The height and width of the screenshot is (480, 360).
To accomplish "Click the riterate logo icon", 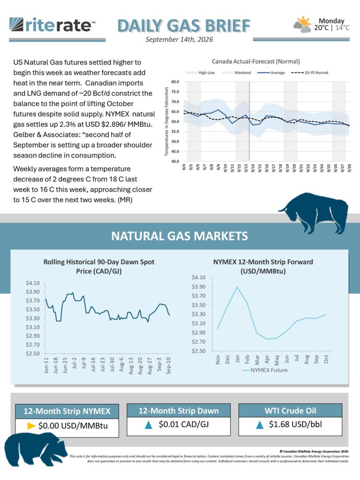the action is (x=16, y=24).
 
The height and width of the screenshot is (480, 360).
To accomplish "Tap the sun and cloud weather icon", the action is (x=302, y=24).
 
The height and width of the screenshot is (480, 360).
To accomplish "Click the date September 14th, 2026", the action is (x=179, y=39).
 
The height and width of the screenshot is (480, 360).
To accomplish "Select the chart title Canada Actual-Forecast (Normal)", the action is (x=255, y=61).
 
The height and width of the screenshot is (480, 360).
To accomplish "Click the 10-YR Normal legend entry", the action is (x=309, y=73).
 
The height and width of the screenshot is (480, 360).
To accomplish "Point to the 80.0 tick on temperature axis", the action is (x=175, y=82).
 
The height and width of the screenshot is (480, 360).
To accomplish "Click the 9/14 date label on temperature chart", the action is (x=253, y=169).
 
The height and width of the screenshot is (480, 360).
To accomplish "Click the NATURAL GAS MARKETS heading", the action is (x=180, y=236).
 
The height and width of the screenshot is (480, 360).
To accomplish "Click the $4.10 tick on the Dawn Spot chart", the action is (x=33, y=283).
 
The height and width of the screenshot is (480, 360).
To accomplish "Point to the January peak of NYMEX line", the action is (x=237, y=287).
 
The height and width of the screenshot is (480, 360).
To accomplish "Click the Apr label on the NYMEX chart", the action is (x=267, y=359).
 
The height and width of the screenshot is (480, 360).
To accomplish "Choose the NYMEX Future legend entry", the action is (x=265, y=370).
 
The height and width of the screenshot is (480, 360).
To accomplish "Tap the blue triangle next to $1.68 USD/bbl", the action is (x=260, y=425).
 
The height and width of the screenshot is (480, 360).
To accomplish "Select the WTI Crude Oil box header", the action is (x=290, y=411).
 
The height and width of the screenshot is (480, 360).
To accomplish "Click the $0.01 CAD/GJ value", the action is (x=184, y=424).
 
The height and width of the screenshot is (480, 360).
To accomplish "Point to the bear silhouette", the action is (x=35, y=450).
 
